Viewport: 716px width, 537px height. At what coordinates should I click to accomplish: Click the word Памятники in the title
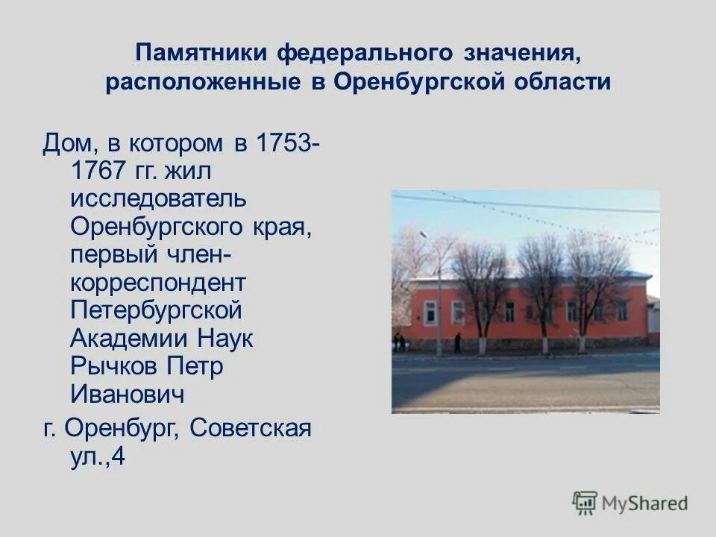201,53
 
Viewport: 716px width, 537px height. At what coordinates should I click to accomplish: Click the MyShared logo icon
585,503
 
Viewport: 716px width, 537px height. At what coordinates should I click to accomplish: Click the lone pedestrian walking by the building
457,342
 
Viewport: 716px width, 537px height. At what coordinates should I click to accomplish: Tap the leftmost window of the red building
430,312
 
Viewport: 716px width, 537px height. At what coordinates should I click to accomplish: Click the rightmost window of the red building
623,310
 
